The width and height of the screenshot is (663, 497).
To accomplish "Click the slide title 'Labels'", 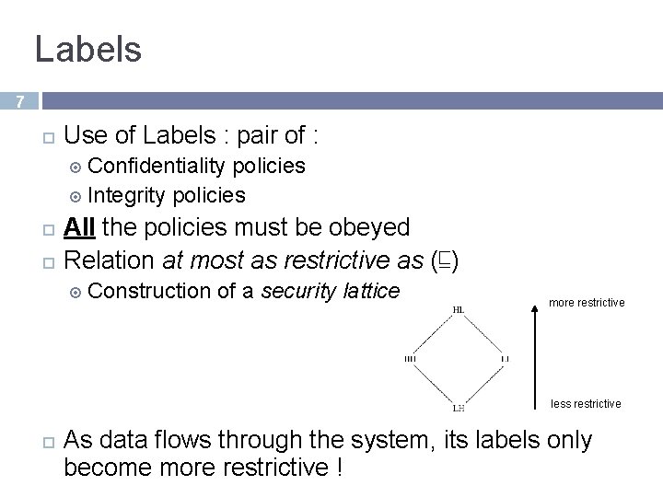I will [88, 49].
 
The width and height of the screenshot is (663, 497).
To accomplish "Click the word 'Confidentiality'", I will [157, 166].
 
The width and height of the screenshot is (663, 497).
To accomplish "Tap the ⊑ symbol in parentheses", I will [447, 261].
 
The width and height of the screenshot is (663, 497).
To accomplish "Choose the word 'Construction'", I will [151, 292].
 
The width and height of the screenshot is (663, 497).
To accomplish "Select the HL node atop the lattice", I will [459, 310].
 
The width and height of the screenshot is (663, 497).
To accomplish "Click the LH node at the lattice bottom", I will [459, 406].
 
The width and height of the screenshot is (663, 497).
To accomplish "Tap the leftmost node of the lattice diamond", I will [411, 358].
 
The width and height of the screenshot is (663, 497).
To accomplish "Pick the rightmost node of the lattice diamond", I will [505, 358].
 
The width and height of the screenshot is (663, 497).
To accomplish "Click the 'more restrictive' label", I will [587, 303].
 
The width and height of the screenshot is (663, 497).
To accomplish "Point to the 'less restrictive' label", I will [586, 404].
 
